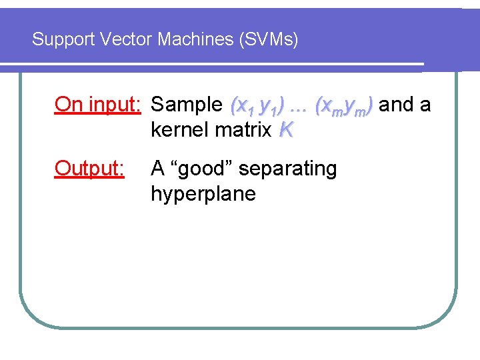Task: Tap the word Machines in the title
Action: [193, 39]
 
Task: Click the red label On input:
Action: [97, 104]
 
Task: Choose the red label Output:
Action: [89, 169]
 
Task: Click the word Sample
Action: [187, 105]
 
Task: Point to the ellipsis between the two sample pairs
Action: [299, 107]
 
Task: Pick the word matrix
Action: [243, 129]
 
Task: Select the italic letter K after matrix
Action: [286, 129]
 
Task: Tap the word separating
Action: [287, 169]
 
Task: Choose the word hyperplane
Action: [203, 194]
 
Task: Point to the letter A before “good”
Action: [157, 169]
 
